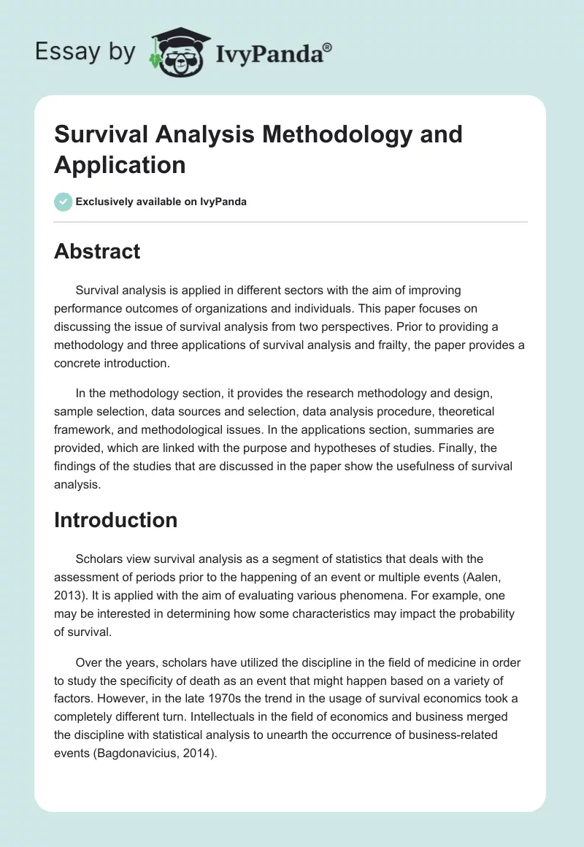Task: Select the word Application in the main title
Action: point(120,164)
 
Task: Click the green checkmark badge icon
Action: point(64,202)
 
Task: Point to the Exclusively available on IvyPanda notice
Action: point(161,202)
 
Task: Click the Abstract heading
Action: point(97,251)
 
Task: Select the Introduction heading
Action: point(115,520)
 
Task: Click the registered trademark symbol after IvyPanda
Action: point(328,47)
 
